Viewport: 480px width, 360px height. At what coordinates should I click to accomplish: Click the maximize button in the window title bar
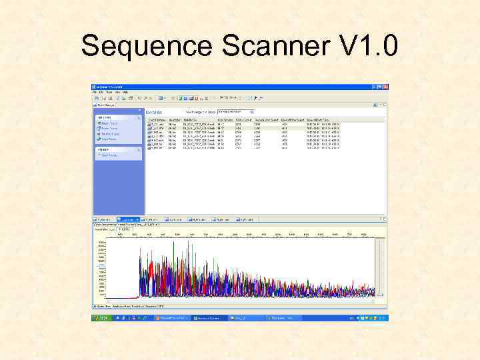coord(379,87)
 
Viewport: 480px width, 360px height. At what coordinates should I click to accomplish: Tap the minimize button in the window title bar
coord(373,87)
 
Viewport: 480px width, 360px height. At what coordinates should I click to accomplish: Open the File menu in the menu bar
coord(95,92)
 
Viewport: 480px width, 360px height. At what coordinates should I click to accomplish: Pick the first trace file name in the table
coord(157,124)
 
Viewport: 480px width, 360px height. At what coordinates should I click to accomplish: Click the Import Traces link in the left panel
coord(109,123)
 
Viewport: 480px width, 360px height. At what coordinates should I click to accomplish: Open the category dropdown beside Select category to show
coord(251,111)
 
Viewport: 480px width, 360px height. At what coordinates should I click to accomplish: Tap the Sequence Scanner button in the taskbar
coord(208,319)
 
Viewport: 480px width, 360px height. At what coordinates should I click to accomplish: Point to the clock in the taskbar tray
coord(377,319)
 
